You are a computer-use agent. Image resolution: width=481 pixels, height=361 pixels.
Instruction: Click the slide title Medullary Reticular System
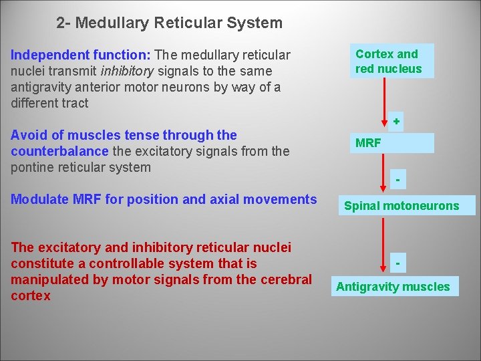[170, 23]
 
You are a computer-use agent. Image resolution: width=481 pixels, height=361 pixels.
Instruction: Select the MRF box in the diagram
[393, 143]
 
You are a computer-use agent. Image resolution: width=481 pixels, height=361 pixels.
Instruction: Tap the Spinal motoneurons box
[402, 206]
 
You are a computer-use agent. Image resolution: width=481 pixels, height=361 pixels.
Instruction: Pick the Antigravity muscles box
[393, 287]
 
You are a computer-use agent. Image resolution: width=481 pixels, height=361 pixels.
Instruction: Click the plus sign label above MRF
[397, 122]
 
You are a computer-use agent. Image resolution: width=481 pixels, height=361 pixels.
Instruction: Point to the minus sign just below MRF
[397, 180]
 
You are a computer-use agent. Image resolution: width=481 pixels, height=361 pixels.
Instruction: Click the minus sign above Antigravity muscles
[397, 263]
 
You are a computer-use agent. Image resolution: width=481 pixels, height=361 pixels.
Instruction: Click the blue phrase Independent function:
[80, 55]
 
